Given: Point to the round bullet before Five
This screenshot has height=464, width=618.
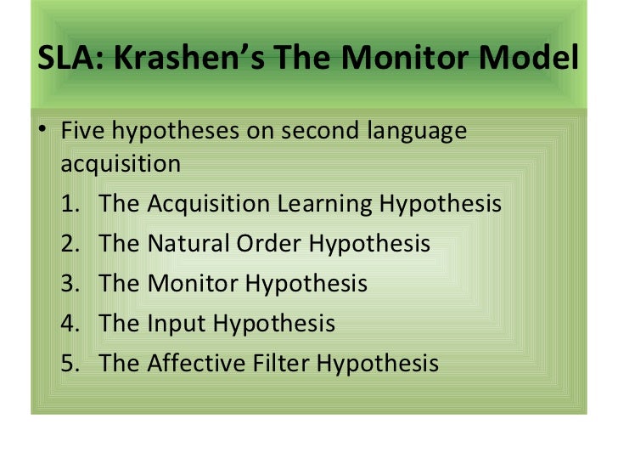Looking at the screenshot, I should [x=44, y=133].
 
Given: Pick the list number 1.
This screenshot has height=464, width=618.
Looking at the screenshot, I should [x=69, y=205].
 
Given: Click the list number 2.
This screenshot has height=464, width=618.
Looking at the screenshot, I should [x=69, y=245].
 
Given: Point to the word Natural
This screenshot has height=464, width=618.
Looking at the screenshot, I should [x=188, y=245].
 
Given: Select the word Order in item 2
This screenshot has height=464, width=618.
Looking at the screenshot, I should [x=269, y=245].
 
